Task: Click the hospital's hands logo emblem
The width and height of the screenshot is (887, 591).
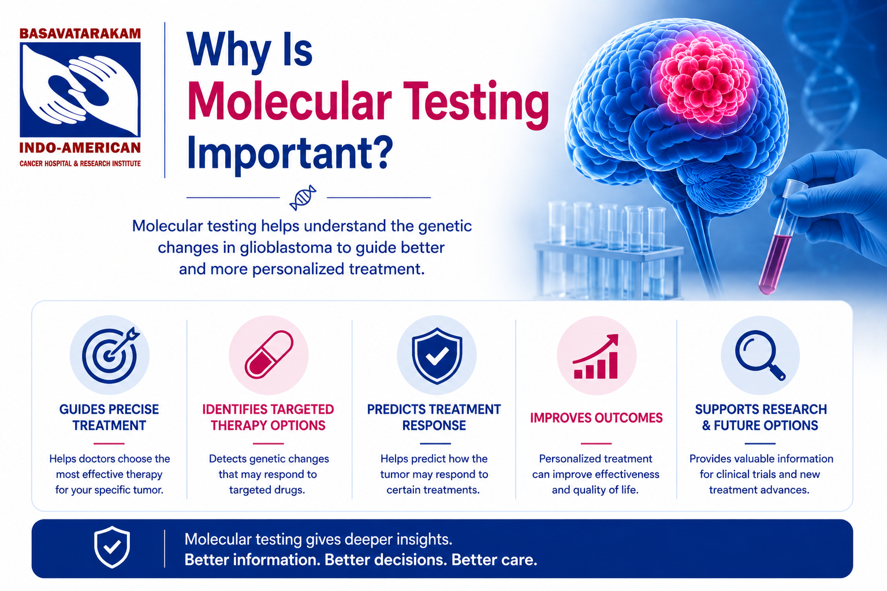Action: point(80,90)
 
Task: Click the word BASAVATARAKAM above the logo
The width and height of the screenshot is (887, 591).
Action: point(80,33)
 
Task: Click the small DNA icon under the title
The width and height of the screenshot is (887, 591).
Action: point(303,197)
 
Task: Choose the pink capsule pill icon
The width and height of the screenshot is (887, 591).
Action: point(269,355)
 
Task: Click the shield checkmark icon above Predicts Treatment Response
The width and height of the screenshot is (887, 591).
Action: point(437,356)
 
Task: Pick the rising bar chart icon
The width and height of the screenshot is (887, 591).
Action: point(596,356)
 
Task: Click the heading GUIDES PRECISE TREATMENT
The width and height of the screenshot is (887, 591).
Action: point(109,417)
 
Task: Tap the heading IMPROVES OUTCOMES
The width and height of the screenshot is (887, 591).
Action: point(597,418)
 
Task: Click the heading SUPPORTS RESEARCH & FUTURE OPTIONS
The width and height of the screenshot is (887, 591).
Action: point(761,417)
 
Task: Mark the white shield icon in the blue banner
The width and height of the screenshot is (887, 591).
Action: point(112,547)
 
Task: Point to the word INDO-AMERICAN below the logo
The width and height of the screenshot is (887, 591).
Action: point(80,148)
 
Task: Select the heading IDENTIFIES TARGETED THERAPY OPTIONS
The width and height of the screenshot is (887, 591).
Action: point(268,417)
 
